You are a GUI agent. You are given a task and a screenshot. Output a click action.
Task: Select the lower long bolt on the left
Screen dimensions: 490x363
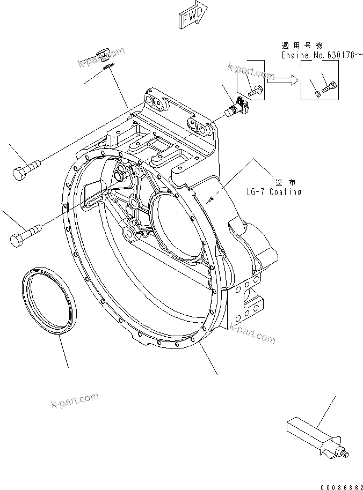[x=25, y=234]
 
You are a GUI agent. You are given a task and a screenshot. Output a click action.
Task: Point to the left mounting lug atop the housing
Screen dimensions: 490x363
[x=157, y=102]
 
